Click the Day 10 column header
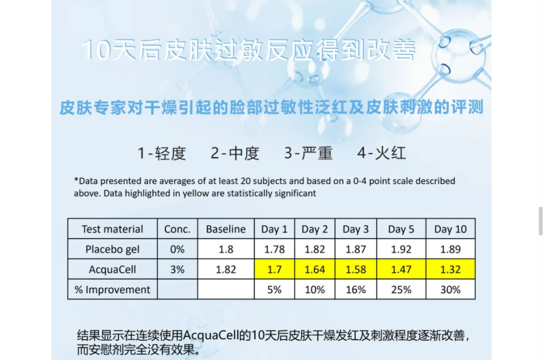(x=450, y=229)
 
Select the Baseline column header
(x=226, y=229)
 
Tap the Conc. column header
(x=177, y=229)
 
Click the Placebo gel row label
(x=112, y=249)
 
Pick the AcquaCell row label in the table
(x=112, y=269)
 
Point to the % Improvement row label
(x=112, y=289)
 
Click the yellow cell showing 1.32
(x=450, y=269)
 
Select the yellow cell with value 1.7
(x=274, y=269)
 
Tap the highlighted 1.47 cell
(x=401, y=269)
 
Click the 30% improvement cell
(x=450, y=289)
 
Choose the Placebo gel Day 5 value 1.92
(x=401, y=249)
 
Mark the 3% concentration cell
(x=177, y=269)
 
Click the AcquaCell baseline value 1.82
(x=226, y=269)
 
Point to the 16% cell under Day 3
(x=356, y=289)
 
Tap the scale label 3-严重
(x=308, y=153)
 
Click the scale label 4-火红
(x=381, y=153)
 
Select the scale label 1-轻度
(x=162, y=153)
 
